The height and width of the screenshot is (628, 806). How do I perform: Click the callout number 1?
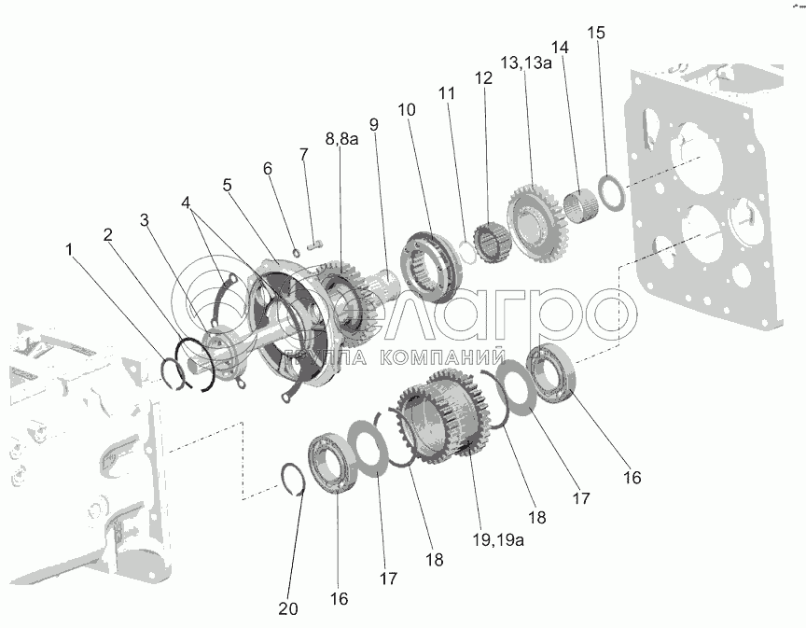tap(69, 250)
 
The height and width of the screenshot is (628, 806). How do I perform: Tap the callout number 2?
tap(107, 235)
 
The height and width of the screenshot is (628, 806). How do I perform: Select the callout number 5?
tap(228, 185)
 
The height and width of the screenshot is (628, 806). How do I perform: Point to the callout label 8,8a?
tap(341, 138)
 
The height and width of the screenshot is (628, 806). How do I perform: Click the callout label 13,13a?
tap(526, 63)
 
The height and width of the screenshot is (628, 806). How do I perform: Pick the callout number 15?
tap(596, 33)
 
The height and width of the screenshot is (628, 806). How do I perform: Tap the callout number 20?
tap(288, 609)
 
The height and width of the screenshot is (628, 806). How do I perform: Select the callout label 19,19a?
tap(498, 540)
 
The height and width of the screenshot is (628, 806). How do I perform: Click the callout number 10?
tap(407, 109)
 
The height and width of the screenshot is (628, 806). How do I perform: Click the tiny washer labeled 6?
tap(297, 253)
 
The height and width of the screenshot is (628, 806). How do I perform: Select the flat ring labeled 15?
tap(612, 193)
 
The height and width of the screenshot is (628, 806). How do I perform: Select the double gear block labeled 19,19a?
tap(443, 416)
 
